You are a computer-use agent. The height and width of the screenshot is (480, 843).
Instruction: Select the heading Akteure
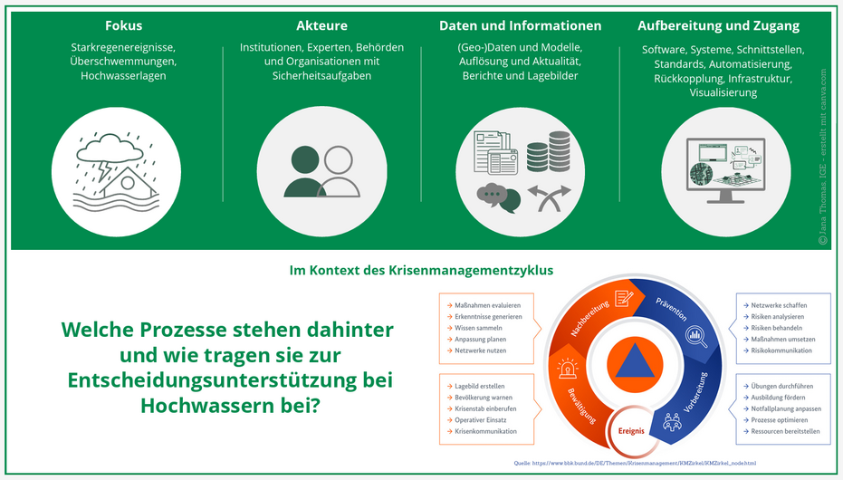[321, 25]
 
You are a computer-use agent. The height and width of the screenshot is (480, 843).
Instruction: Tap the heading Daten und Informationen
[520, 25]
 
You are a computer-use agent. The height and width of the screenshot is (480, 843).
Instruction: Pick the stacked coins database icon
[548, 151]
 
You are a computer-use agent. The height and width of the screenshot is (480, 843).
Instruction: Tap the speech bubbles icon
[498, 197]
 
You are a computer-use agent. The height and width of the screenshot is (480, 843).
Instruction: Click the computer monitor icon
[722, 168]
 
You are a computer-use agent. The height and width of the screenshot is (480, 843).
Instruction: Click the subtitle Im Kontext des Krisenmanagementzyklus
[420, 270]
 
